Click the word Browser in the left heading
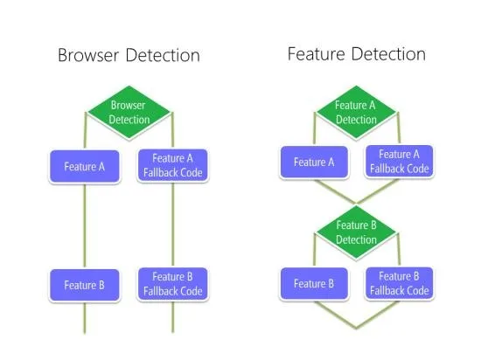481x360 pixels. click(x=88, y=55)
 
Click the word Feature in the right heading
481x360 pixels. click(x=317, y=54)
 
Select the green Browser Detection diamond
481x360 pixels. click(x=129, y=113)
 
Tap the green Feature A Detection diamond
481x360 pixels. click(x=356, y=113)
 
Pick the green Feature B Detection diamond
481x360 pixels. click(x=356, y=232)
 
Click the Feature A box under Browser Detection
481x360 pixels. click(x=85, y=167)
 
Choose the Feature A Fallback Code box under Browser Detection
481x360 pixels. click(x=172, y=166)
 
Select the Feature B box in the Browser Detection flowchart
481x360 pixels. click(x=85, y=285)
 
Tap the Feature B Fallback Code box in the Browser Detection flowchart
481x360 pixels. click(x=172, y=284)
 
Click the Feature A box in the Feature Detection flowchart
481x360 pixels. click(x=314, y=162)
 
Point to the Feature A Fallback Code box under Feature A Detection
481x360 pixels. click(x=399, y=162)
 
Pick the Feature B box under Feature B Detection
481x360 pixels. click(x=314, y=284)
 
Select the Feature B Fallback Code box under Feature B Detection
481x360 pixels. click(x=399, y=283)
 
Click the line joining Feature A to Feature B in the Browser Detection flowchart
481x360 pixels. click(x=85, y=226)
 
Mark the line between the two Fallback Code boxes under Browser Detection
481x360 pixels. click(x=172, y=225)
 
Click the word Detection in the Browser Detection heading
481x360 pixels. click(x=163, y=55)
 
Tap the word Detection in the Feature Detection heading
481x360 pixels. click(x=388, y=54)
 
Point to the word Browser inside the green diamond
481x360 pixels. click(x=128, y=106)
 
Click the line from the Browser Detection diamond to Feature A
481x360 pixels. click(x=86, y=131)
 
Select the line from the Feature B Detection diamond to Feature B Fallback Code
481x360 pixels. click(x=399, y=250)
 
